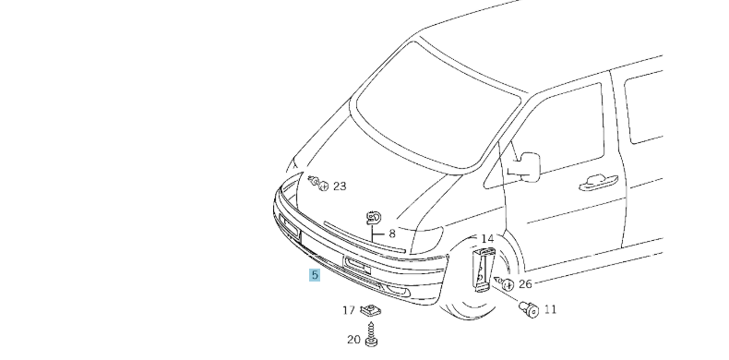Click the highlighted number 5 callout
point(315,275)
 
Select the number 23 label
point(340,186)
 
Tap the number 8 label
point(391,234)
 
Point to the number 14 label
point(487,239)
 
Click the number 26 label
point(525,283)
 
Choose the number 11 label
point(550,309)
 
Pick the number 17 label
point(349,310)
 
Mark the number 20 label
point(353,340)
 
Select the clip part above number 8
point(374,217)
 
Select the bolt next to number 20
point(372,337)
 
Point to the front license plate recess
point(357,267)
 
